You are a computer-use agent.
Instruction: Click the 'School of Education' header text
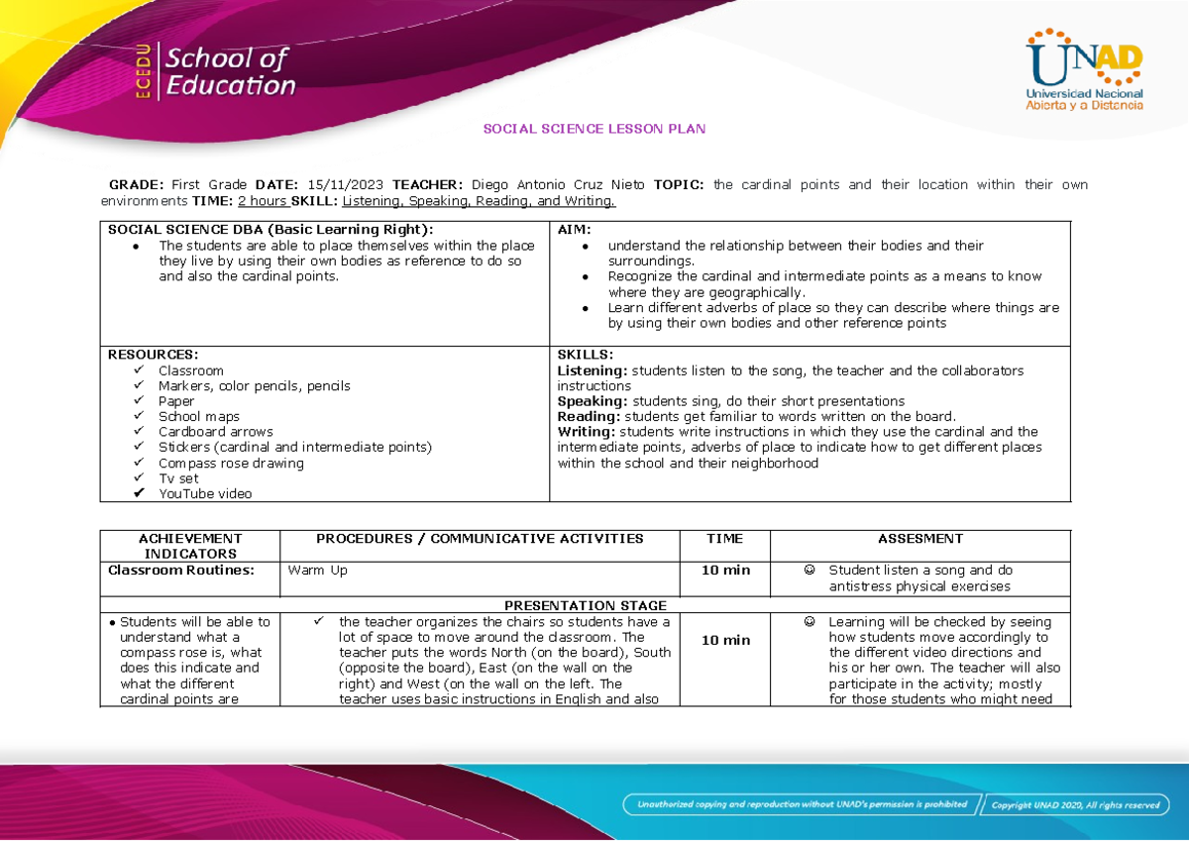tap(230, 72)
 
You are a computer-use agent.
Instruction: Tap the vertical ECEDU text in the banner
tap(145, 72)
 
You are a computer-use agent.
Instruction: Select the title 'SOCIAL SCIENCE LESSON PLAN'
tap(594, 130)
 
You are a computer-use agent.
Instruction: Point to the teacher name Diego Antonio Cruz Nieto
tap(558, 185)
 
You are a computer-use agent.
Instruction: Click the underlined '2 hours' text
tap(257, 202)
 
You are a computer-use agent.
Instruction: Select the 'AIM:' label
tap(575, 230)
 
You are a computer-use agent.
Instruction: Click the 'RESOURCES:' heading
tap(153, 355)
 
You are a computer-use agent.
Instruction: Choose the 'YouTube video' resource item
tap(205, 494)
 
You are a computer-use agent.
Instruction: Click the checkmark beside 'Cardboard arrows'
tap(137, 432)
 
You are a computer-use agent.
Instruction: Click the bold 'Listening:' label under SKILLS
tap(593, 370)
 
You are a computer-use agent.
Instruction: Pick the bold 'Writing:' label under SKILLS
tap(585, 432)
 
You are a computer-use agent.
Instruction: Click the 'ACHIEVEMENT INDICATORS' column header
tap(190, 546)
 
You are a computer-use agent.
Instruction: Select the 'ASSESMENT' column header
tap(919, 539)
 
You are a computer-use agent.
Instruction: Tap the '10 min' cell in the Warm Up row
tap(725, 571)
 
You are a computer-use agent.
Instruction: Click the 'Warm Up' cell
tap(317, 571)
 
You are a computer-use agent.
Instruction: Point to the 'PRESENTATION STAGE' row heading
tap(586, 605)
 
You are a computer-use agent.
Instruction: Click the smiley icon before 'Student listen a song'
tap(810, 571)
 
